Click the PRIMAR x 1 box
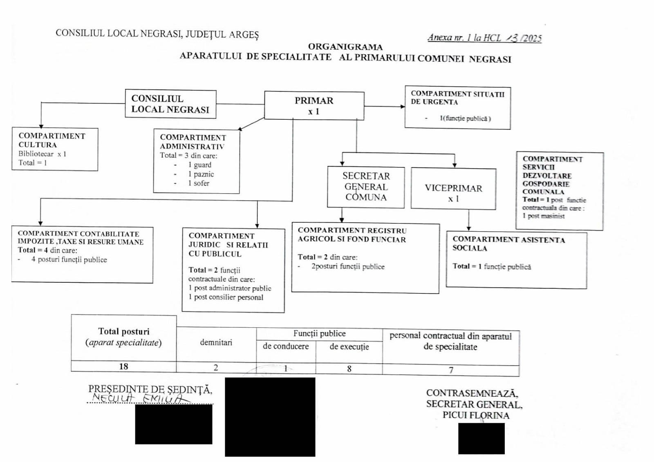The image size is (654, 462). pyautogui.click(x=314, y=105)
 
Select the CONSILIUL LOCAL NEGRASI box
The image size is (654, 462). pyautogui.click(x=170, y=104)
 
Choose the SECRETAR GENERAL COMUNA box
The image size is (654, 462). pyautogui.click(x=366, y=187)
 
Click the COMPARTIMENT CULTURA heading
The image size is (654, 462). pyautogui.click(x=52, y=140)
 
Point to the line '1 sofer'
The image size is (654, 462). pyautogui.click(x=199, y=183)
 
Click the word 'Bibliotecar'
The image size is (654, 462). pyautogui.click(x=36, y=154)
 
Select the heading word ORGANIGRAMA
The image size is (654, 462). pyautogui.click(x=345, y=47)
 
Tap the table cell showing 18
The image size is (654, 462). pyautogui.click(x=123, y=366)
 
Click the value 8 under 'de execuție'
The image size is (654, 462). pyautogui.click(x=349, y=368)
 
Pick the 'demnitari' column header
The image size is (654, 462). pyautogui.click(x=216, y=342)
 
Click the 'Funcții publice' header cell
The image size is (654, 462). pyautogui.click(x=319, y=333)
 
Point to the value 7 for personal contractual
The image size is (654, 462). pyautogui.click(x=451, y=370)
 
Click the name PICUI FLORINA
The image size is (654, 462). pyautogui.click(x=476, y=415)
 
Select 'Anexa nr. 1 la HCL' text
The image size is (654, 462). pyautogui.click(x=464, y=38)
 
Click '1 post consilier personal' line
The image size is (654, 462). pyautogui.click(x=226, y=297)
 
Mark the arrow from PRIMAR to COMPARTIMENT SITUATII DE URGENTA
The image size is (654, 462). pyautogui.click(x=384, y=106)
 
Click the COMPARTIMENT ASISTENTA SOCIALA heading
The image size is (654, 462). pyautogui.click(x=508, y=244)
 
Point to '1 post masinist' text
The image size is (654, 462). pyautogui.click(x=543, y=216)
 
